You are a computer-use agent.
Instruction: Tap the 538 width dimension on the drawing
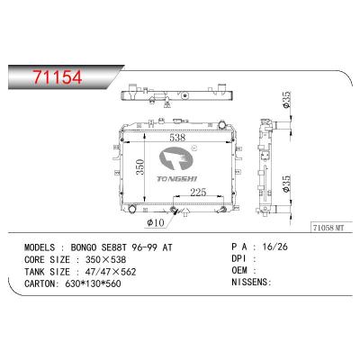(x=177, y=138)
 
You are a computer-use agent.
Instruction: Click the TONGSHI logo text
(x=179, y=178)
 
